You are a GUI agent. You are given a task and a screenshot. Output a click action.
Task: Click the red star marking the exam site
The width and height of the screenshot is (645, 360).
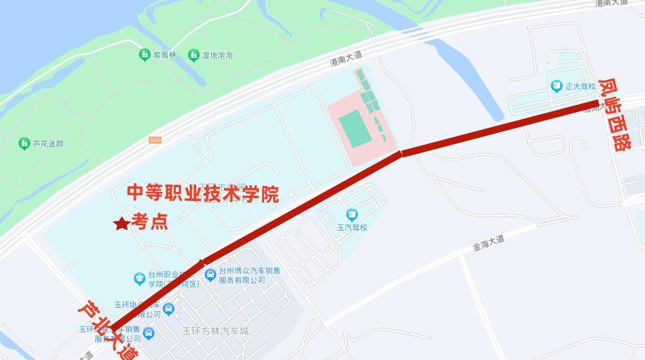(121, 223)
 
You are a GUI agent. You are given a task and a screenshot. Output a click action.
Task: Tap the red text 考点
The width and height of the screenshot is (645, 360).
(150, 222)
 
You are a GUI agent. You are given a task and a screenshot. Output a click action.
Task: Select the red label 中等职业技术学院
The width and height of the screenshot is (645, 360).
(203, 193)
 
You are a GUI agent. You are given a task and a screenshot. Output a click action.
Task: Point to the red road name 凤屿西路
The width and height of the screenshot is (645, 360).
(615, 115)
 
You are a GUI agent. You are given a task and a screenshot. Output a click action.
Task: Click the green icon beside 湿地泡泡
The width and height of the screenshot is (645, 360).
(193, 55)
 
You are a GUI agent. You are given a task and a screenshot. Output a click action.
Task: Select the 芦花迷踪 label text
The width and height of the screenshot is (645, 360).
(48, 143)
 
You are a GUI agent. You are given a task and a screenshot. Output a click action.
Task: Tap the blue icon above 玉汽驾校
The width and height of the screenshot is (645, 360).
(351, 214)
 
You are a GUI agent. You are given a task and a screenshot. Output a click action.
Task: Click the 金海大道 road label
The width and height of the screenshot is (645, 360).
(489, 243)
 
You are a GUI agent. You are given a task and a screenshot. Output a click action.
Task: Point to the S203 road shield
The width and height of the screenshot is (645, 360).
(154, 139)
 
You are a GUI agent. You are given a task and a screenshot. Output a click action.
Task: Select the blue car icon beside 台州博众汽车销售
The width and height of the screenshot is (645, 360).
(210, 275)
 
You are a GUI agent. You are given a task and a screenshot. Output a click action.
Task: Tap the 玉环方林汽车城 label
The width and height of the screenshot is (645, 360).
(215, 331)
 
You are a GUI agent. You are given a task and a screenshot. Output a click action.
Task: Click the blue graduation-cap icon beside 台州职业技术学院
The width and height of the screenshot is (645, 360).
(139, 278)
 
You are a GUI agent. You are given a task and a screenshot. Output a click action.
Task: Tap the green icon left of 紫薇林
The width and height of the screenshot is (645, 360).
(144, 55)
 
